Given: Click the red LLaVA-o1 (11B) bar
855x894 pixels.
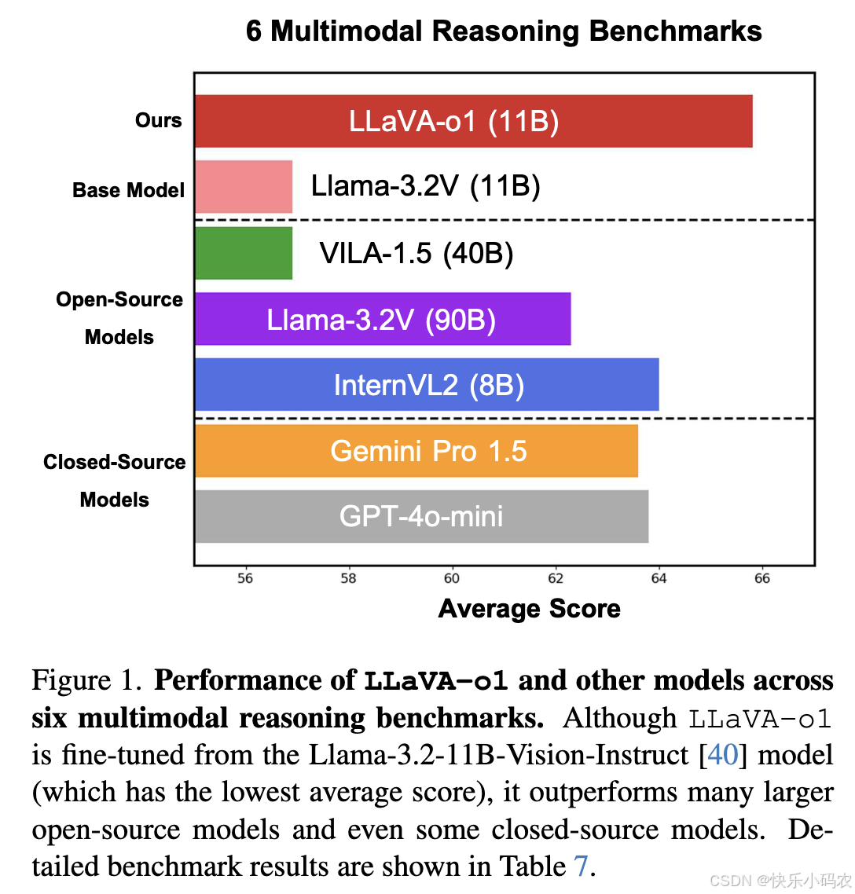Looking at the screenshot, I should point(473,121).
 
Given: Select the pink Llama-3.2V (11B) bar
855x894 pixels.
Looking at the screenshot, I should point(244,187).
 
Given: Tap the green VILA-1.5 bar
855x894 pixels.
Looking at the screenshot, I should point(244,253).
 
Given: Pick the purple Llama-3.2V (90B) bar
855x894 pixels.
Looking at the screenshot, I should point(383,319).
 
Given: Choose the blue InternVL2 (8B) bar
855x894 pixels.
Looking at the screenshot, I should point(427,385).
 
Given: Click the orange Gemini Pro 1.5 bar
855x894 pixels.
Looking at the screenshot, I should point(416,451).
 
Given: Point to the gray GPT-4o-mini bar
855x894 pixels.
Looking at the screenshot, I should point(421,516).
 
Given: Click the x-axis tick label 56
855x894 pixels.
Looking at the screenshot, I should point(245,579).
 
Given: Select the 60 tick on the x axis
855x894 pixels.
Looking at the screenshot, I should point(452,579).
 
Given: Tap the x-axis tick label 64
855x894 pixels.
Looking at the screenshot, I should point(659,579).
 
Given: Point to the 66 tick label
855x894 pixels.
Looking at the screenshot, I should point(762,579).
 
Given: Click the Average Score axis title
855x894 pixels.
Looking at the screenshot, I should point(529,609).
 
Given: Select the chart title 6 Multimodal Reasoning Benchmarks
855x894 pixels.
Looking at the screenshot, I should point(504,31).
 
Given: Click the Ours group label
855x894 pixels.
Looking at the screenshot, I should point(159,120).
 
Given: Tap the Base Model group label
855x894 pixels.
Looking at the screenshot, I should point(128,190).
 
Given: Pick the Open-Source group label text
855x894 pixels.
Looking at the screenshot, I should point(119,300).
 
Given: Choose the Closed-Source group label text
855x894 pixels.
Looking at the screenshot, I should point(115,462).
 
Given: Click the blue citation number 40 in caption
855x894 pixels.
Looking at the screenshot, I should point(723,755).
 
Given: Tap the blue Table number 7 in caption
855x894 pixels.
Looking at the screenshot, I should point(581,867).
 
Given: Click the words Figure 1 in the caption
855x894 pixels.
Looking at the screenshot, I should point(86,680).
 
